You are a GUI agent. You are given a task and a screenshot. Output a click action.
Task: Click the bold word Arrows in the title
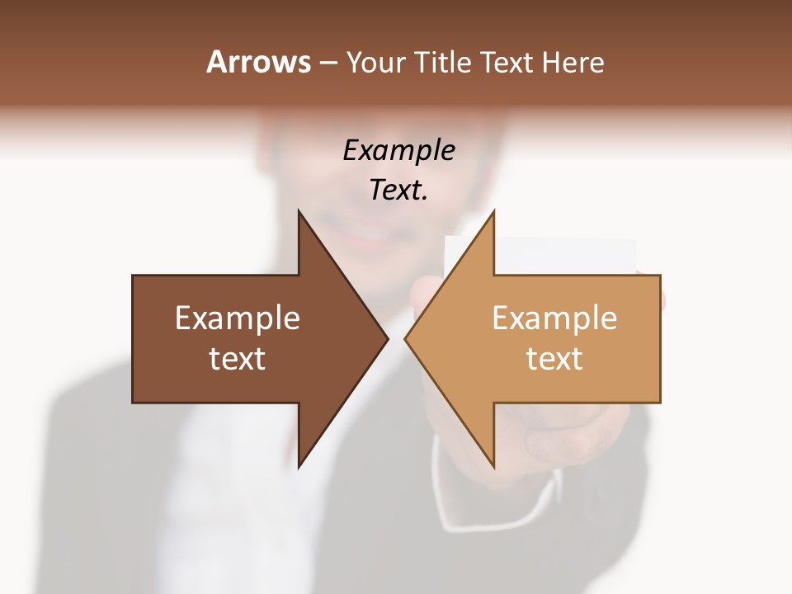tap(258, 62)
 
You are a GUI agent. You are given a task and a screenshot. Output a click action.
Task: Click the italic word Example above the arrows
tap(398, 150)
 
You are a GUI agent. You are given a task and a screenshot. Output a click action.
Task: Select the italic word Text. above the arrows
tap(398, 191)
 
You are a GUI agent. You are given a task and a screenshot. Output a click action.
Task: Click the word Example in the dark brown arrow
tap(238, 318)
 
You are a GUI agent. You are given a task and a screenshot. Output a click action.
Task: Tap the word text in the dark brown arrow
tap(238, 359)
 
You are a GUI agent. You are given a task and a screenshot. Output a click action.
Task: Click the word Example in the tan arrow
tap(554, 318)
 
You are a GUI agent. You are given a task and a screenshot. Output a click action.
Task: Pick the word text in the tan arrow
tap(554, 359)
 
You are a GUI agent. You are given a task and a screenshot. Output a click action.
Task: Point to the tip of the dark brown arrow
tap(388, 338)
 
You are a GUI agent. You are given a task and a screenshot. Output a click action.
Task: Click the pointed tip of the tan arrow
tap(405, 338)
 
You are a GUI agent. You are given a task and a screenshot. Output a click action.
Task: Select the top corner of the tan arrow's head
tap(493, 211)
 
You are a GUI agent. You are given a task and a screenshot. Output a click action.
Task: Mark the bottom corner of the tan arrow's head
tap(493, 466)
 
